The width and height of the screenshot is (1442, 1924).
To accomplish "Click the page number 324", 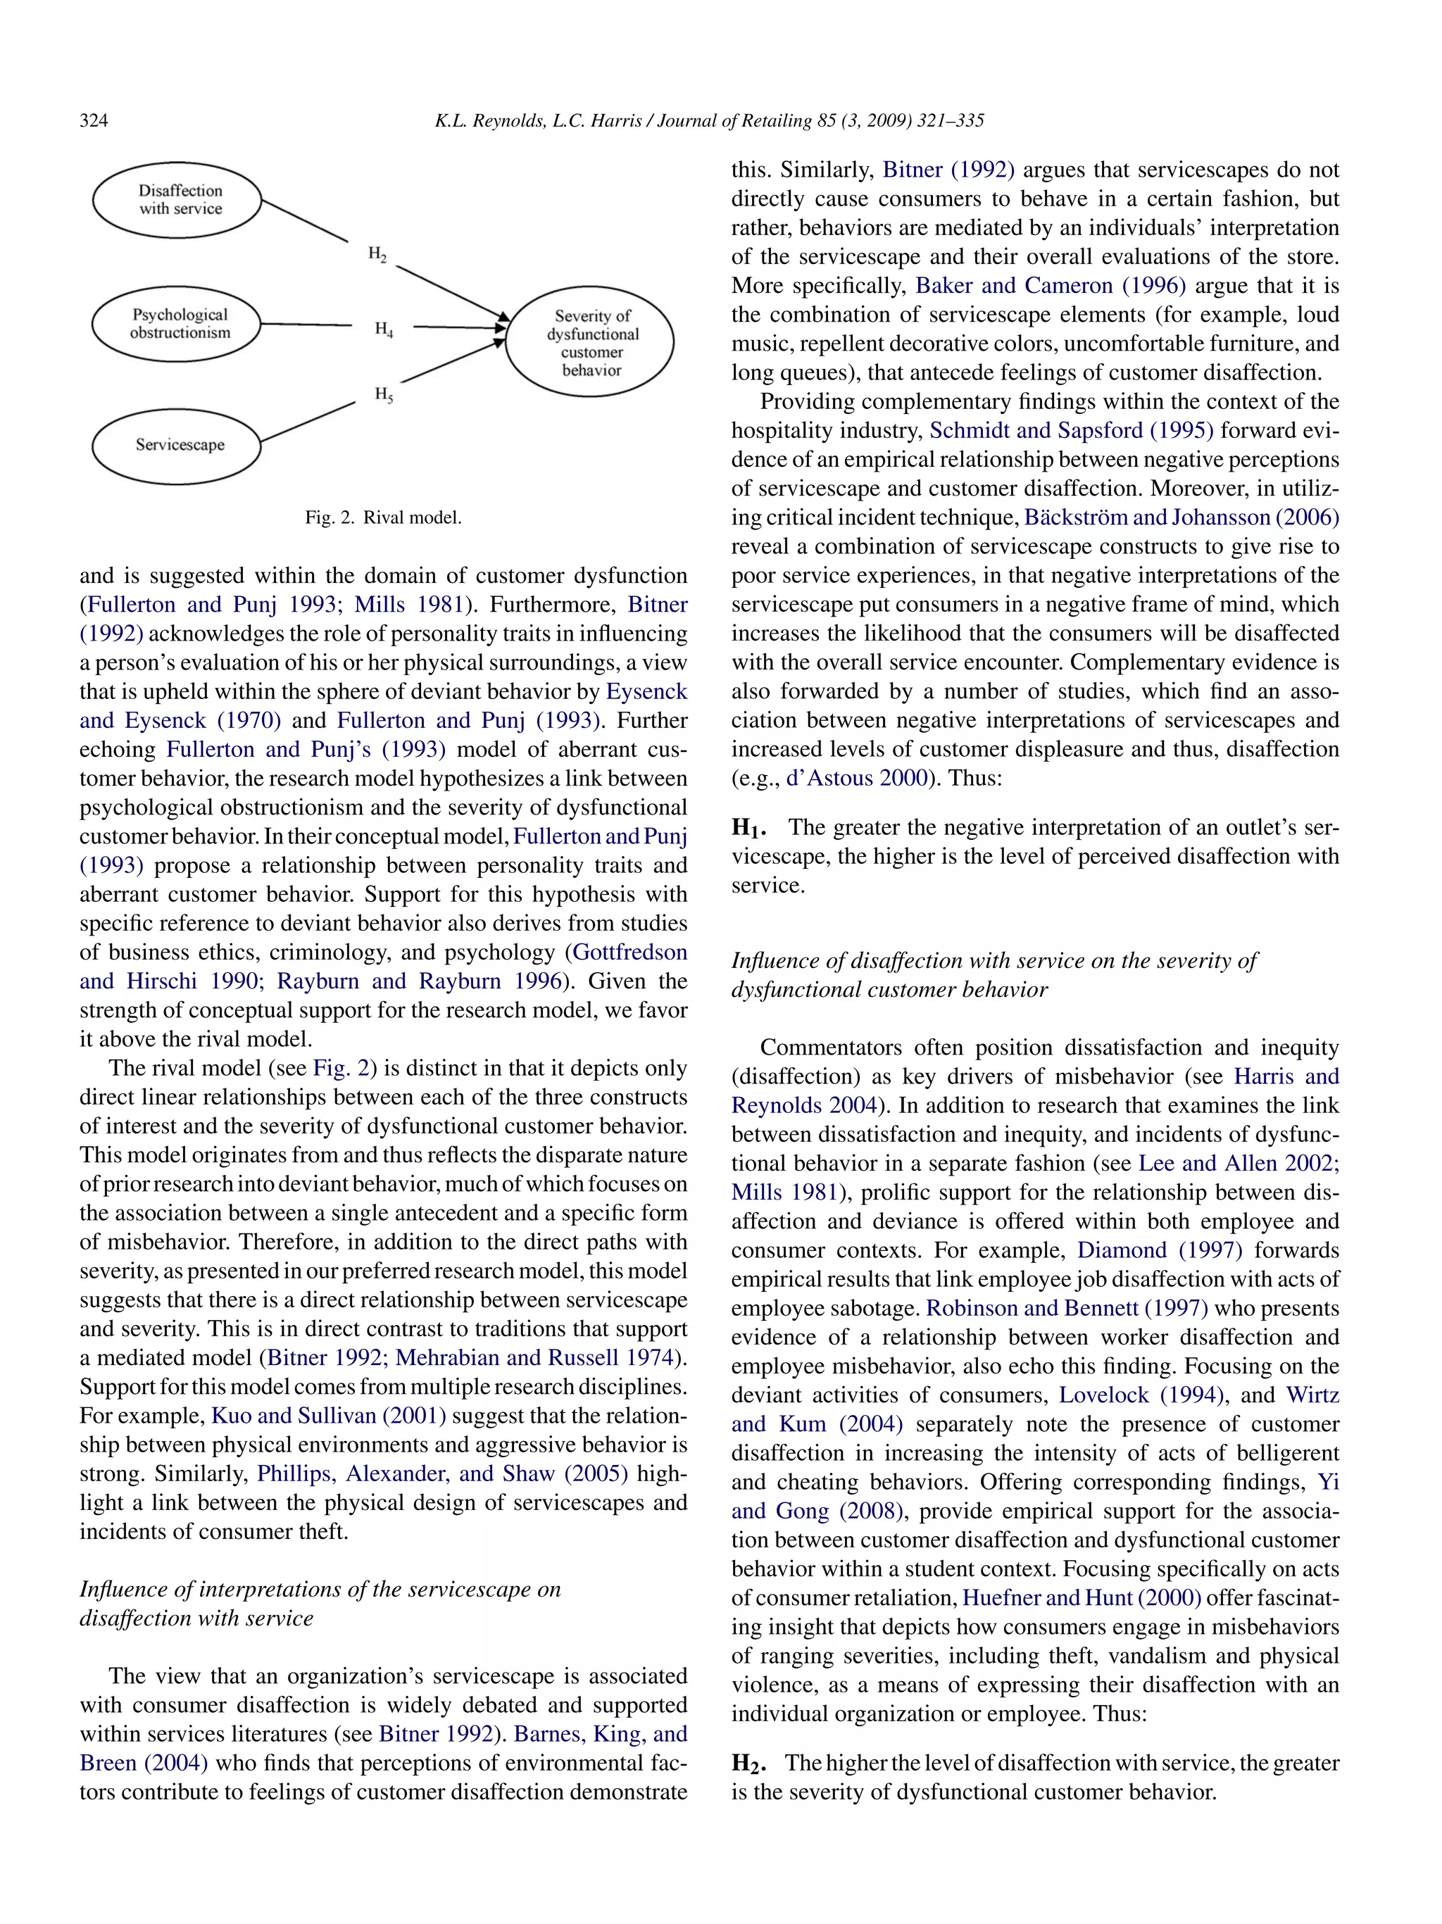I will [94, 121].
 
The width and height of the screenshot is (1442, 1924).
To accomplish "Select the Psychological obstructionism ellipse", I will [177, 324].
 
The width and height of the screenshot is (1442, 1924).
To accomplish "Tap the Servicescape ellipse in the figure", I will [177, 446].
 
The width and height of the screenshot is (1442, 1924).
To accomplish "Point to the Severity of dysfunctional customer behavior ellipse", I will [591, 342].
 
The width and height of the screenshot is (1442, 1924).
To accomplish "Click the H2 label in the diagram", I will [377, 254].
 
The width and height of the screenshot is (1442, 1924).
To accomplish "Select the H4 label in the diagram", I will [384, 329].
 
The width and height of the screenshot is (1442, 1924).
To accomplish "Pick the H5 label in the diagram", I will [384, 394].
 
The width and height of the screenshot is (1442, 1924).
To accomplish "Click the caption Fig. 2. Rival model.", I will [382, 517].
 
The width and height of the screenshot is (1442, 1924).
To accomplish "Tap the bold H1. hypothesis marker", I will [748, 827].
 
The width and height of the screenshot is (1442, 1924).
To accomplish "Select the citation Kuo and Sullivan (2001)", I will [328, 1415].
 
